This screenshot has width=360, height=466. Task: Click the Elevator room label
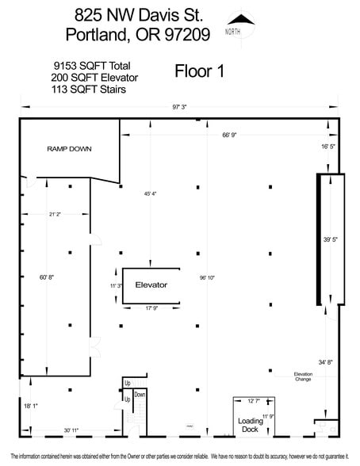coord(151,284)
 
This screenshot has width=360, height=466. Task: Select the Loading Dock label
coord(251,426)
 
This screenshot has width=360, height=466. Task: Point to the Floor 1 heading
coord(200,71)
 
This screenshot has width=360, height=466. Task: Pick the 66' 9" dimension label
coord(230,135)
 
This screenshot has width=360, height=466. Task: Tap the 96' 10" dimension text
coord(207,277)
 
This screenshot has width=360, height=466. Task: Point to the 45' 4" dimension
coord(150,193)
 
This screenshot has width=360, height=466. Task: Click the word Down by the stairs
coord(140,394)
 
